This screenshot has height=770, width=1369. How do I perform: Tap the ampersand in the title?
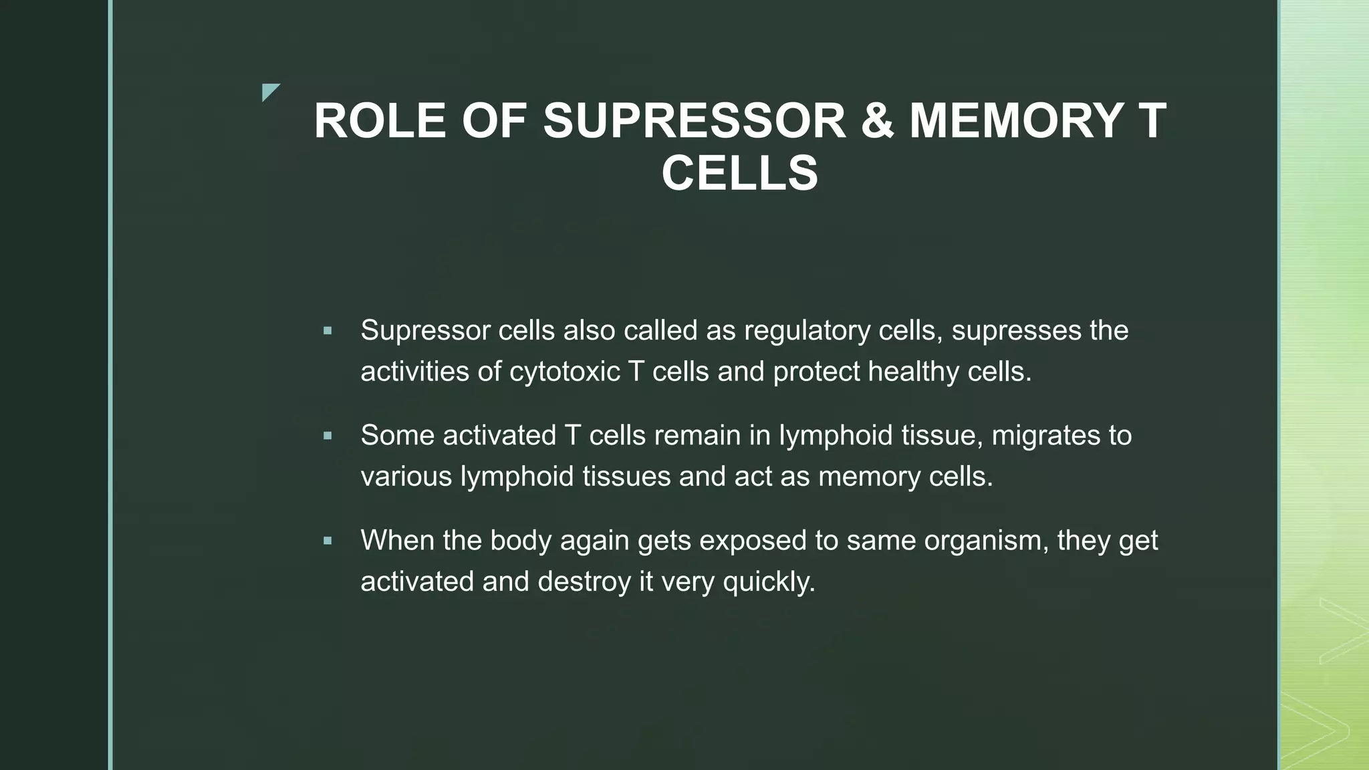point(877,121)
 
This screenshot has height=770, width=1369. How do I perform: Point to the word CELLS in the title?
point(739,173)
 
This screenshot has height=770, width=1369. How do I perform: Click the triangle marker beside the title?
point(269,92)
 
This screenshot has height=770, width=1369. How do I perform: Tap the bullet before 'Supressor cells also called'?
point(327,330)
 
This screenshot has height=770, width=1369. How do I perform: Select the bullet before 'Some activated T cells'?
point(327,436)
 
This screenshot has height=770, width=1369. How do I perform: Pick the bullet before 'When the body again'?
point(327,541)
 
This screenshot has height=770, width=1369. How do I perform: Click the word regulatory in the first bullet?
point(807,331)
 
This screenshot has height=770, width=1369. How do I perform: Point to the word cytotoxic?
point(565,372)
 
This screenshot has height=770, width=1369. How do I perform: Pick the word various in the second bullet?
point(406,477)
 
